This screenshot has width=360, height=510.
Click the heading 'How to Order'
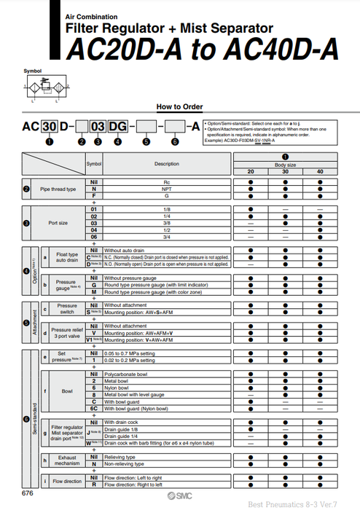(179, 106)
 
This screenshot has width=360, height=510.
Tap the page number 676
(27, 493)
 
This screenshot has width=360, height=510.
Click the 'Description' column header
(166, 164)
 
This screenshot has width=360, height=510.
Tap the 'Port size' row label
(58, 223)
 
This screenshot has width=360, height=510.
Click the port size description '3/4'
(166, 236)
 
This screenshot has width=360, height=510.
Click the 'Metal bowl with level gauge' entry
(136, 394)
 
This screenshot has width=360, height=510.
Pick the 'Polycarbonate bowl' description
(128, 374)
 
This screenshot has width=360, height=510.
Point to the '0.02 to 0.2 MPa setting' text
(130, 360)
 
